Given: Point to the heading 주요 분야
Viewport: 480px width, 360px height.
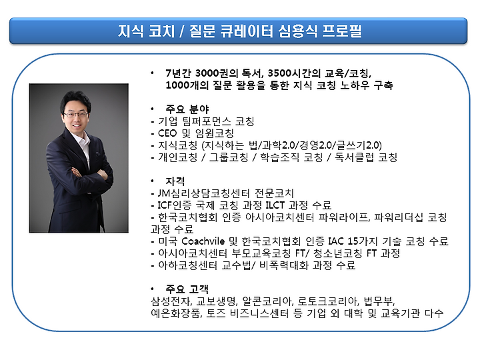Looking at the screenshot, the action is [187, 109].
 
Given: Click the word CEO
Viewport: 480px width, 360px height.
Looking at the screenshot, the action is [167, 133].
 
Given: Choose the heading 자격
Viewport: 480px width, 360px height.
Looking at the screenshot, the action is [175, 181].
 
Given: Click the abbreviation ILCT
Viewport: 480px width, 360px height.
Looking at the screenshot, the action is [275, 205].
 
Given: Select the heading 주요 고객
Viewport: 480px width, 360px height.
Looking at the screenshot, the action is [187, 289].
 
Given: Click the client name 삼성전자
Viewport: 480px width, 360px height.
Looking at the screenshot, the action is [171, 301].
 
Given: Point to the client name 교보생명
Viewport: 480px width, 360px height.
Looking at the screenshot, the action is [217, 301].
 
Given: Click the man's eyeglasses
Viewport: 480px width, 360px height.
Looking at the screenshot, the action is [75, 115].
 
